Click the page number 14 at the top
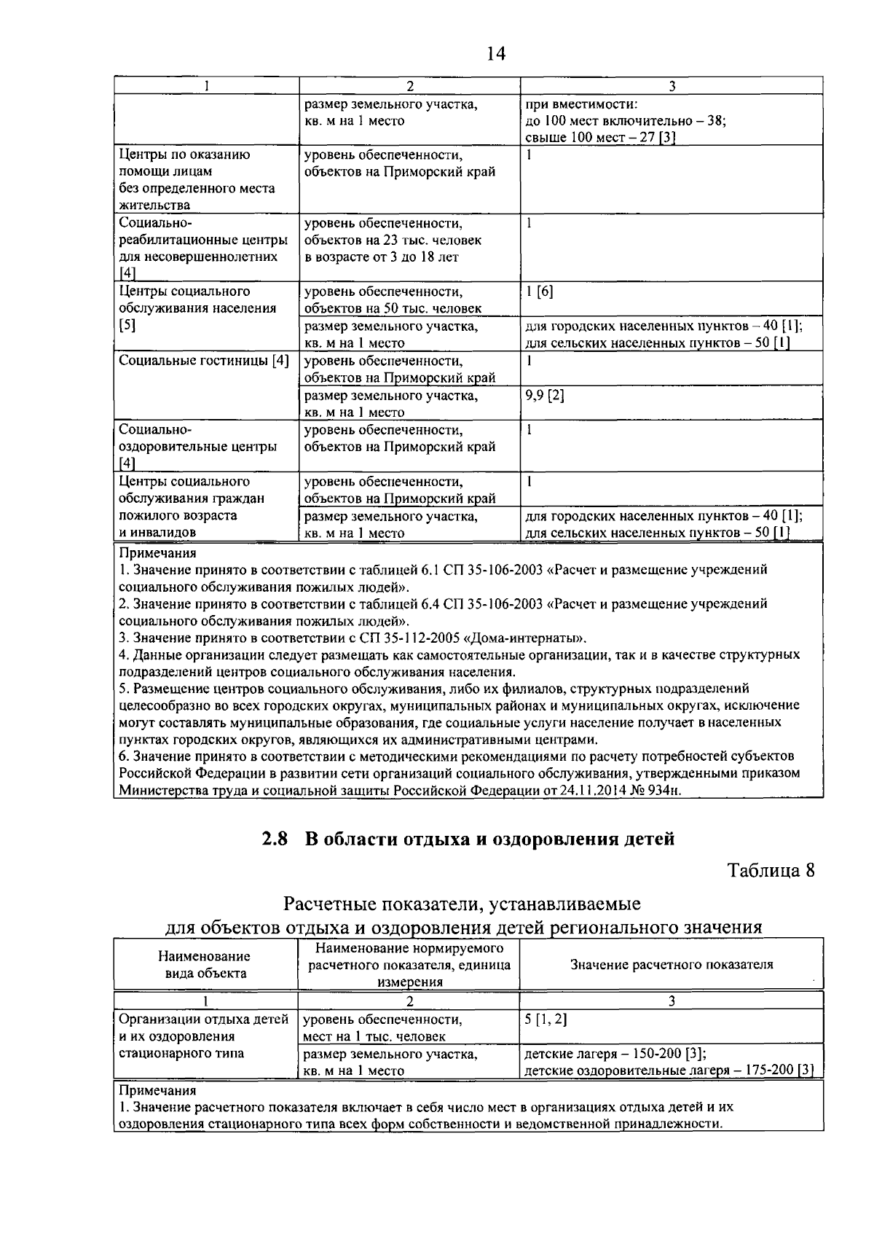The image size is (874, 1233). (x=493, y=54)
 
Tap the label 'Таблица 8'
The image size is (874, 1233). (x=771, y=871)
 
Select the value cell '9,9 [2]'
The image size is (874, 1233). (x=544, y=396)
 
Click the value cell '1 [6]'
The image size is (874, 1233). (x=539, y=291)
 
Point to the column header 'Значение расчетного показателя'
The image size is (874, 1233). (x=671, y=965)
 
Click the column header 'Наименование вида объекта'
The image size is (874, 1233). (x=204, y=965)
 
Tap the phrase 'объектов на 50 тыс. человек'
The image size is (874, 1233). (x=393, y=309)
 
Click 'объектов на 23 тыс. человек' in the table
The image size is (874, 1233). (x=393, y=240)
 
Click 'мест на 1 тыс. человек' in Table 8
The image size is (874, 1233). (x=374, y=1036)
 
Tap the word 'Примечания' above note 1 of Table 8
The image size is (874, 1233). (x=157, y=1091)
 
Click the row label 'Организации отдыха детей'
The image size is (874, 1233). (x=204, y=1019)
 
